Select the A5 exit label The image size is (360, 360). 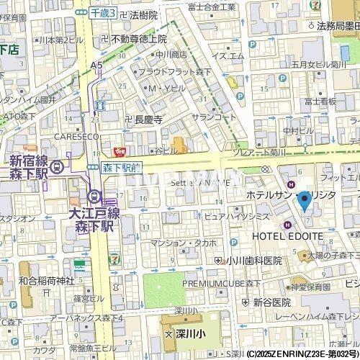[97, 65]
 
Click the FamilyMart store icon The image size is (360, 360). [79, 264]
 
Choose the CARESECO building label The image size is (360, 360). [74, 135]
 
